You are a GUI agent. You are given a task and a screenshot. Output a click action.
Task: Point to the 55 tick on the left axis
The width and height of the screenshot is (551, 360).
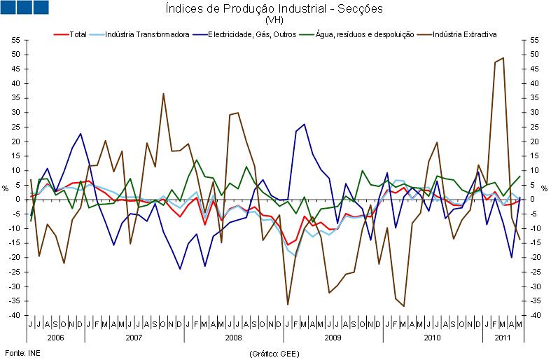[15, 39]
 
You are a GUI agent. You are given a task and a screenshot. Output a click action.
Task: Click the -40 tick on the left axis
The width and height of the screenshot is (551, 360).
[13, 316]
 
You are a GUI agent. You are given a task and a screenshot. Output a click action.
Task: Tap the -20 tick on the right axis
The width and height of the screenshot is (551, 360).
[536, 258]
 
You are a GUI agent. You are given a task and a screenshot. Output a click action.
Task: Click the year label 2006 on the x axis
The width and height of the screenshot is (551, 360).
[56, 337]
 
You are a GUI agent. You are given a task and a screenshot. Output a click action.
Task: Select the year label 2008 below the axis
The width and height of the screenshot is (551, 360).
[233, 337]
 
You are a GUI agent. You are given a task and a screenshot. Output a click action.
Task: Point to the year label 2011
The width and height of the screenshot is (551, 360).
[502, 337]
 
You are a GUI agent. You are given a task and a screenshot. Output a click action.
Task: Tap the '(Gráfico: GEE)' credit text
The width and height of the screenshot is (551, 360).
[275, 354]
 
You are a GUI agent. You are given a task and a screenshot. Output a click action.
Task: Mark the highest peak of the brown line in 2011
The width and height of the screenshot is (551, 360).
[503, 58]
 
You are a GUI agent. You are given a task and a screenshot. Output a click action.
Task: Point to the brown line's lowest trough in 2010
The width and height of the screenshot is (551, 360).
[403, 306]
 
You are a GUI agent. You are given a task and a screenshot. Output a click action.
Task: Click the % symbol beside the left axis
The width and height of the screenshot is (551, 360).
[5, 188]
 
